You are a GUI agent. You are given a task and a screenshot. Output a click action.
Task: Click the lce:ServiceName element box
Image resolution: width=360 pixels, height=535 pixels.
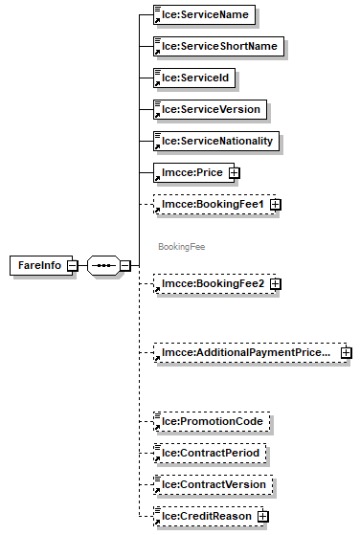click(x=206, y=15)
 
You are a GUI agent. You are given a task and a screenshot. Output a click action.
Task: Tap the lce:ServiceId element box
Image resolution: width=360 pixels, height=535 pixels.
click(x=195, y=78)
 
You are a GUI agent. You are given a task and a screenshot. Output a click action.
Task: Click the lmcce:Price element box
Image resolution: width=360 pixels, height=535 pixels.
click(x=190, y=172)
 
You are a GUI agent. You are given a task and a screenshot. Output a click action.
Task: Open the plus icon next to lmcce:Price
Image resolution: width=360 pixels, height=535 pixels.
click(x=233, y=173)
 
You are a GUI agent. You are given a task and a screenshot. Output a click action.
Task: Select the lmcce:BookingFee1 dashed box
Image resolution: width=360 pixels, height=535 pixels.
click(x=210, y=204)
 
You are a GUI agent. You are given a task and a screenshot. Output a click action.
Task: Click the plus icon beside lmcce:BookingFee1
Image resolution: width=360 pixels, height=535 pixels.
click(x=275, y=205)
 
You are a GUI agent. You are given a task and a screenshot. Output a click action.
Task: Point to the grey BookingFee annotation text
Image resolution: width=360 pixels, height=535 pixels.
click(x=181, y=246)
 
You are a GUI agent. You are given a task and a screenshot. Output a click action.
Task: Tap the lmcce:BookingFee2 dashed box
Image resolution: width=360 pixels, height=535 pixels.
click(x=210, y=284)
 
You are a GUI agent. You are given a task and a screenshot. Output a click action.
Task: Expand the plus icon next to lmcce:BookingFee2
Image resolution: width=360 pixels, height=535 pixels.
click(x=275, y=285)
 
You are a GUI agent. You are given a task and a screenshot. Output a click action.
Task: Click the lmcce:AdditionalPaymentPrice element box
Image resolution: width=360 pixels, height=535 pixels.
click(x=245, y=353)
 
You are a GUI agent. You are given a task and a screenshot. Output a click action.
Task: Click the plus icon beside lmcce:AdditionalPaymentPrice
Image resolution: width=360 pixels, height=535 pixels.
click(x=346, y=354)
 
